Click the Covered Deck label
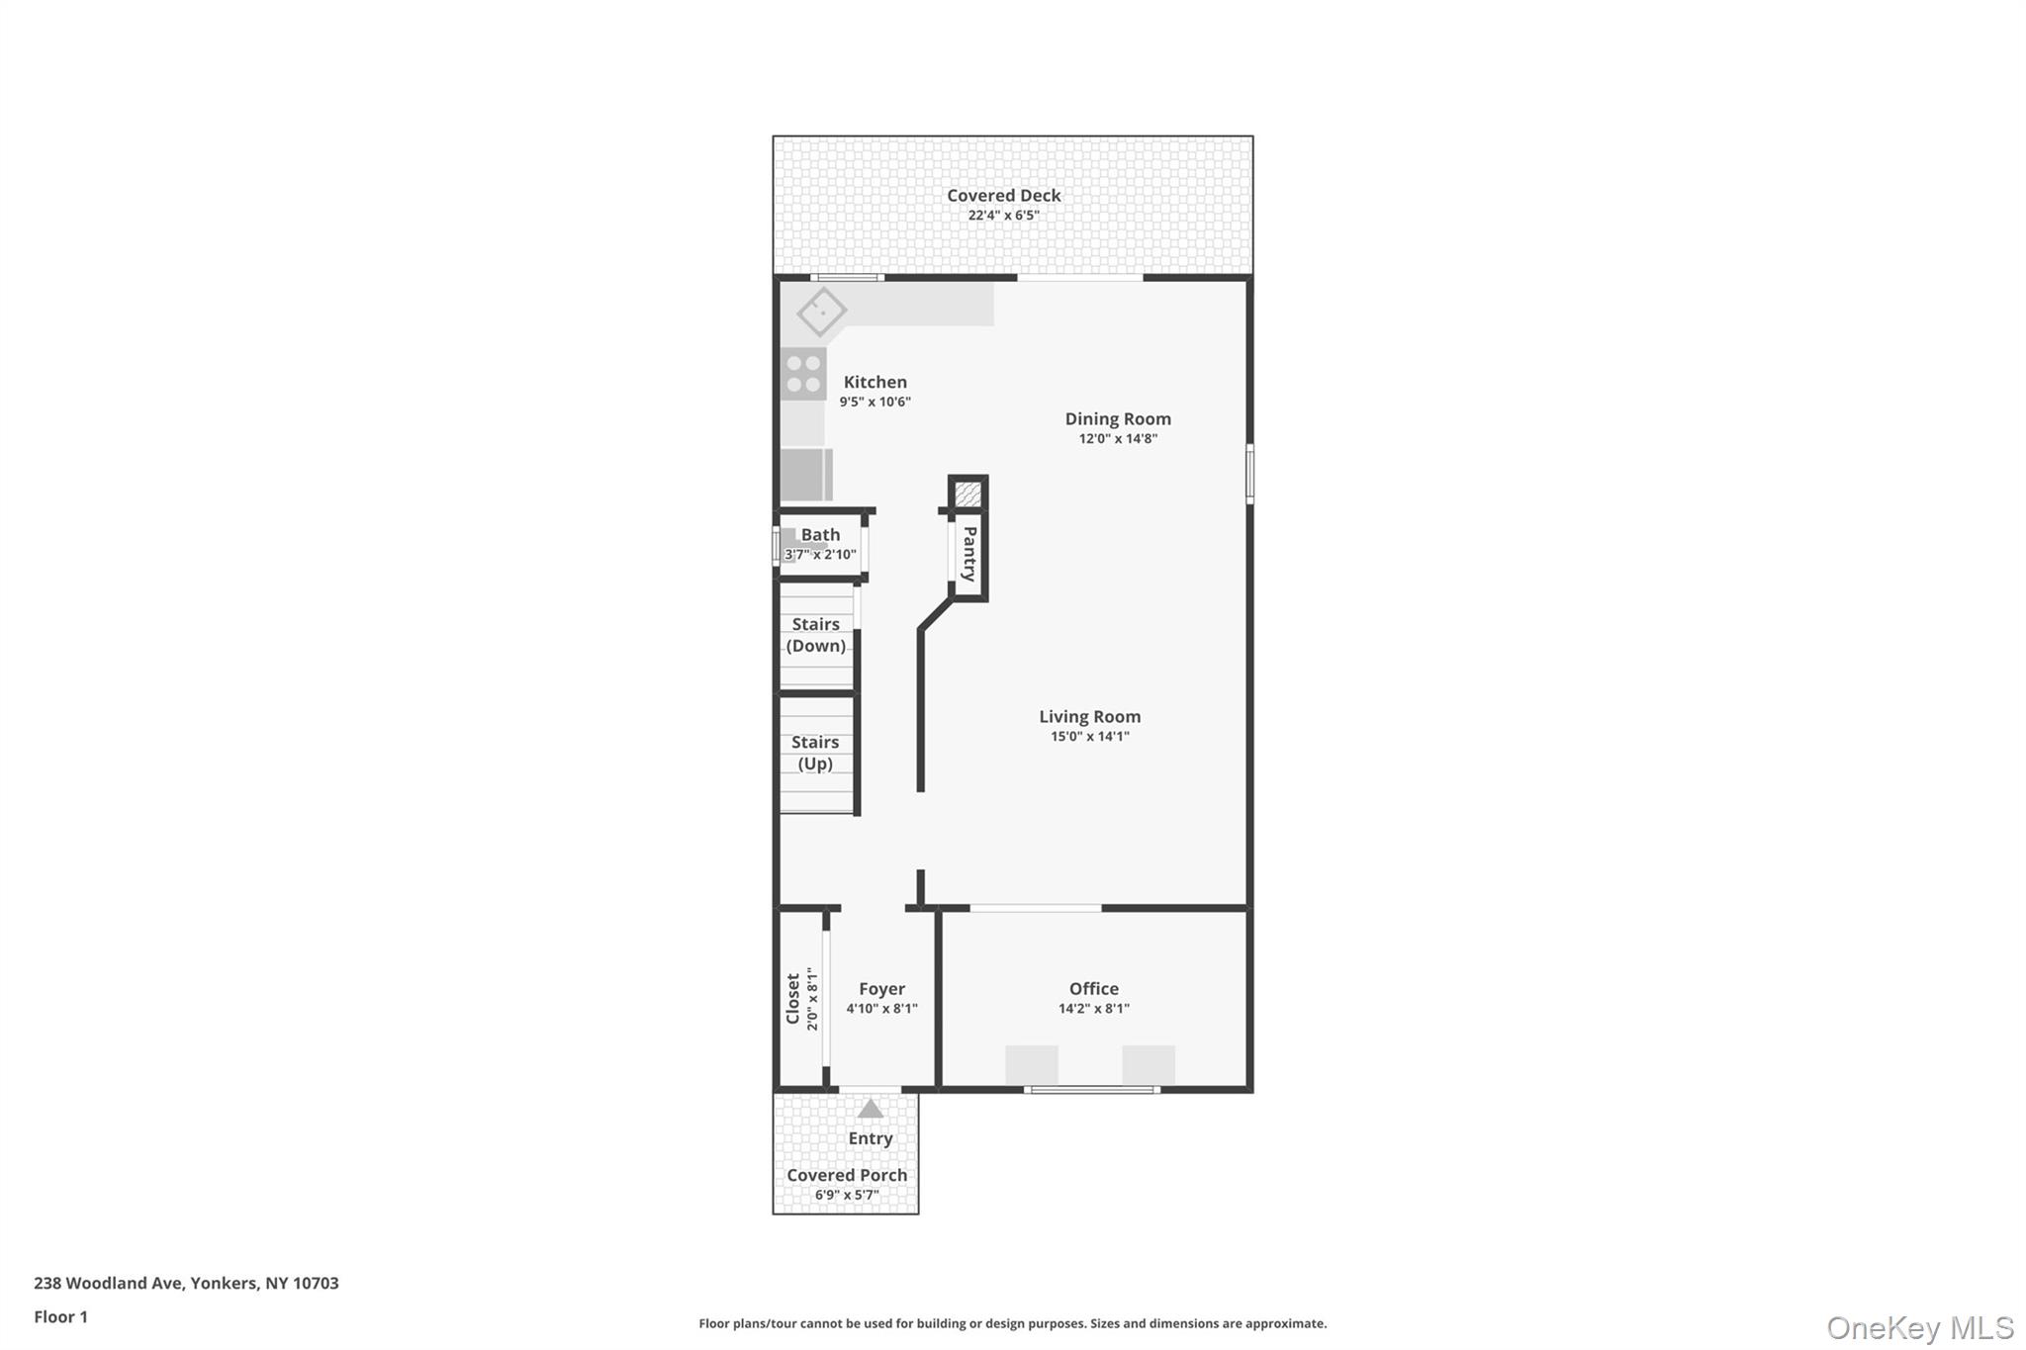[x=1003, y=196]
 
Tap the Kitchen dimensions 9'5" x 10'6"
[x=875, y=403]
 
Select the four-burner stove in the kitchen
[x=803, y=374]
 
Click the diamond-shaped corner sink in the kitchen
[x=821, y=312]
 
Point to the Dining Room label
[x=1117, y=419]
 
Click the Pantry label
[x=969, y=554]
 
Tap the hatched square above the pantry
[x=967, y=493]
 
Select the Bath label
[x=820, y=535]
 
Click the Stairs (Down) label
[x=815, y=635]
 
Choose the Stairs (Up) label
[x=815, y=753]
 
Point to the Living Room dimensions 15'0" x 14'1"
[x=1089, y=737]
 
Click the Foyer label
[x=881, y=989]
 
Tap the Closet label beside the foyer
[x=792, y=999]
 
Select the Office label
[x=1093, y=989]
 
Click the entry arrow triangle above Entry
[x=870, y=1109]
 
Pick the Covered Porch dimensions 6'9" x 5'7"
[x=846, y=1195]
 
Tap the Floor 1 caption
[x=61, y=1316]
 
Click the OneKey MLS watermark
[x=1919, y=1327]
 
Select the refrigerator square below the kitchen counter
[x=804, y=475]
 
